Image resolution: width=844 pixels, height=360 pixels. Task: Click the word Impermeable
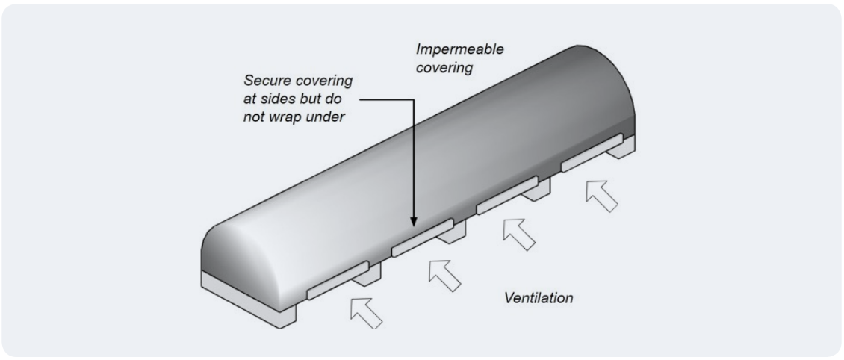[459, 49]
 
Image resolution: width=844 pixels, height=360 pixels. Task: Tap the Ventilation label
[539, 298]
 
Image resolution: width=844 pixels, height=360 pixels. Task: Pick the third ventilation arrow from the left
[519, 233]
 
